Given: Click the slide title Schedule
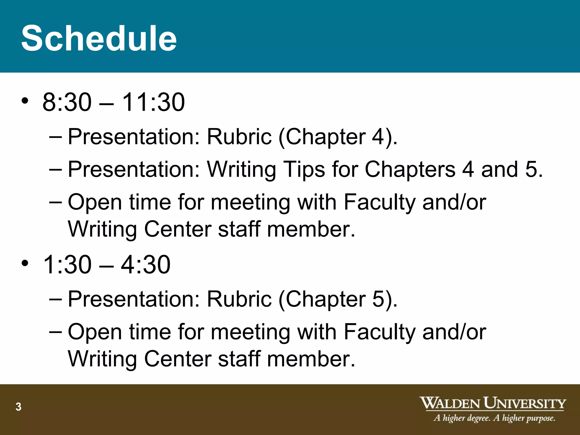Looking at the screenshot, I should coord(99,38).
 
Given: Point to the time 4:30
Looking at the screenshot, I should coord(146,265).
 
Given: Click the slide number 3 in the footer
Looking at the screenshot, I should coord(18,407).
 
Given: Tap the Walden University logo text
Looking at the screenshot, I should coord(492,403).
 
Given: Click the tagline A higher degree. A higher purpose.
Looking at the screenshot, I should coord(494,418).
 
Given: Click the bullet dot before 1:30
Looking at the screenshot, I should coord(25,263).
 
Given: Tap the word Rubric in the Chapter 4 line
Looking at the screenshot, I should coord(239,137).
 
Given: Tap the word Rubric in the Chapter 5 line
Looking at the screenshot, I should coord(239,299).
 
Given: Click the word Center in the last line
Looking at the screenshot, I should coord(178,359).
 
